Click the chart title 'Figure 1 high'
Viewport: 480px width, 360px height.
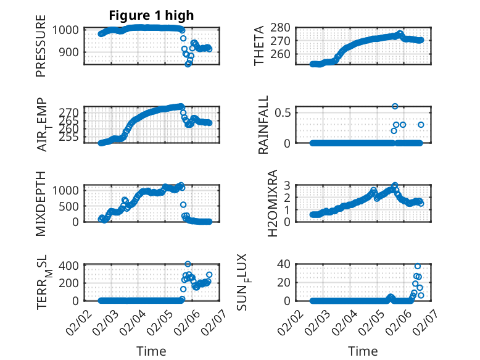click(152, 15)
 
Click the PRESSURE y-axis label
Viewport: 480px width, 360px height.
click(41, 49)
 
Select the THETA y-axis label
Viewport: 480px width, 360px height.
click(259, 45)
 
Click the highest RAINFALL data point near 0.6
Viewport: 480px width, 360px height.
click(395, 106)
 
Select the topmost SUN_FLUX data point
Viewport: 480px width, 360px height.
click(418, 266)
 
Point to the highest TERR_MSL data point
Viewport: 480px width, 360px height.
click(188, 264)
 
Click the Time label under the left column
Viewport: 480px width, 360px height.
click(151, 351)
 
